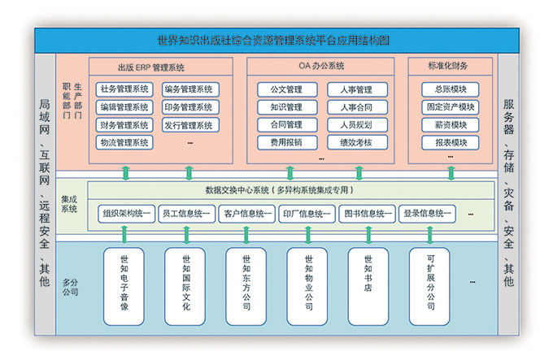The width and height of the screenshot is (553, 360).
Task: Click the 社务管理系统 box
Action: [x=124, y=89]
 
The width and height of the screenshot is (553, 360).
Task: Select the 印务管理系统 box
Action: [x=191, y=107]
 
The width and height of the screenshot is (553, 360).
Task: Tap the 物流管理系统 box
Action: [x=124, y=143]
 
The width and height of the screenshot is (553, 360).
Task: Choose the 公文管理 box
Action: [x=287, y=89]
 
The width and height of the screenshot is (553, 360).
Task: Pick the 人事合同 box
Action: [x=358, y=107]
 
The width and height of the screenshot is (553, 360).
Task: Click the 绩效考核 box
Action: [x=358, y=143]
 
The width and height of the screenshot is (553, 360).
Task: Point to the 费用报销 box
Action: [x=287, y=143]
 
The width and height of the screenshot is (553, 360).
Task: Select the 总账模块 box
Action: [x=451, y=89]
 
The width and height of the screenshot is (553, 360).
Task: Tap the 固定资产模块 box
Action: [x=451, y=107]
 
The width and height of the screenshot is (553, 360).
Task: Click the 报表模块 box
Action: [x=451, y=143]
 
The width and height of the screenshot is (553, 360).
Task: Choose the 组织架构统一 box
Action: [x=127, y=214]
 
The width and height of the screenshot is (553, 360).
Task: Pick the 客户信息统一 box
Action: [x=247, y=214]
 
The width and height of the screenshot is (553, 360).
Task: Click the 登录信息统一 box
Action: [x=427, y=214]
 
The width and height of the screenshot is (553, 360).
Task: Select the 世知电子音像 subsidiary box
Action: [x=124, y=286]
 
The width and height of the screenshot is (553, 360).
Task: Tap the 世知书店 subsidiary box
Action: [x=368, y=286]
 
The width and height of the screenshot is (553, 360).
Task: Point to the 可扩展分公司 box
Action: [x=429, y=286]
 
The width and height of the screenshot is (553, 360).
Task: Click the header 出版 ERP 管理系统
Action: [x=151, y=67]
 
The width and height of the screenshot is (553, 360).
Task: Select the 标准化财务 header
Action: [x=448, y=66]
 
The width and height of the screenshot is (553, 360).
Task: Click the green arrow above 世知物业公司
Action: [x=308, y=235]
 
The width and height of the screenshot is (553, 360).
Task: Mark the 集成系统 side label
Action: [x=69, y=204]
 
